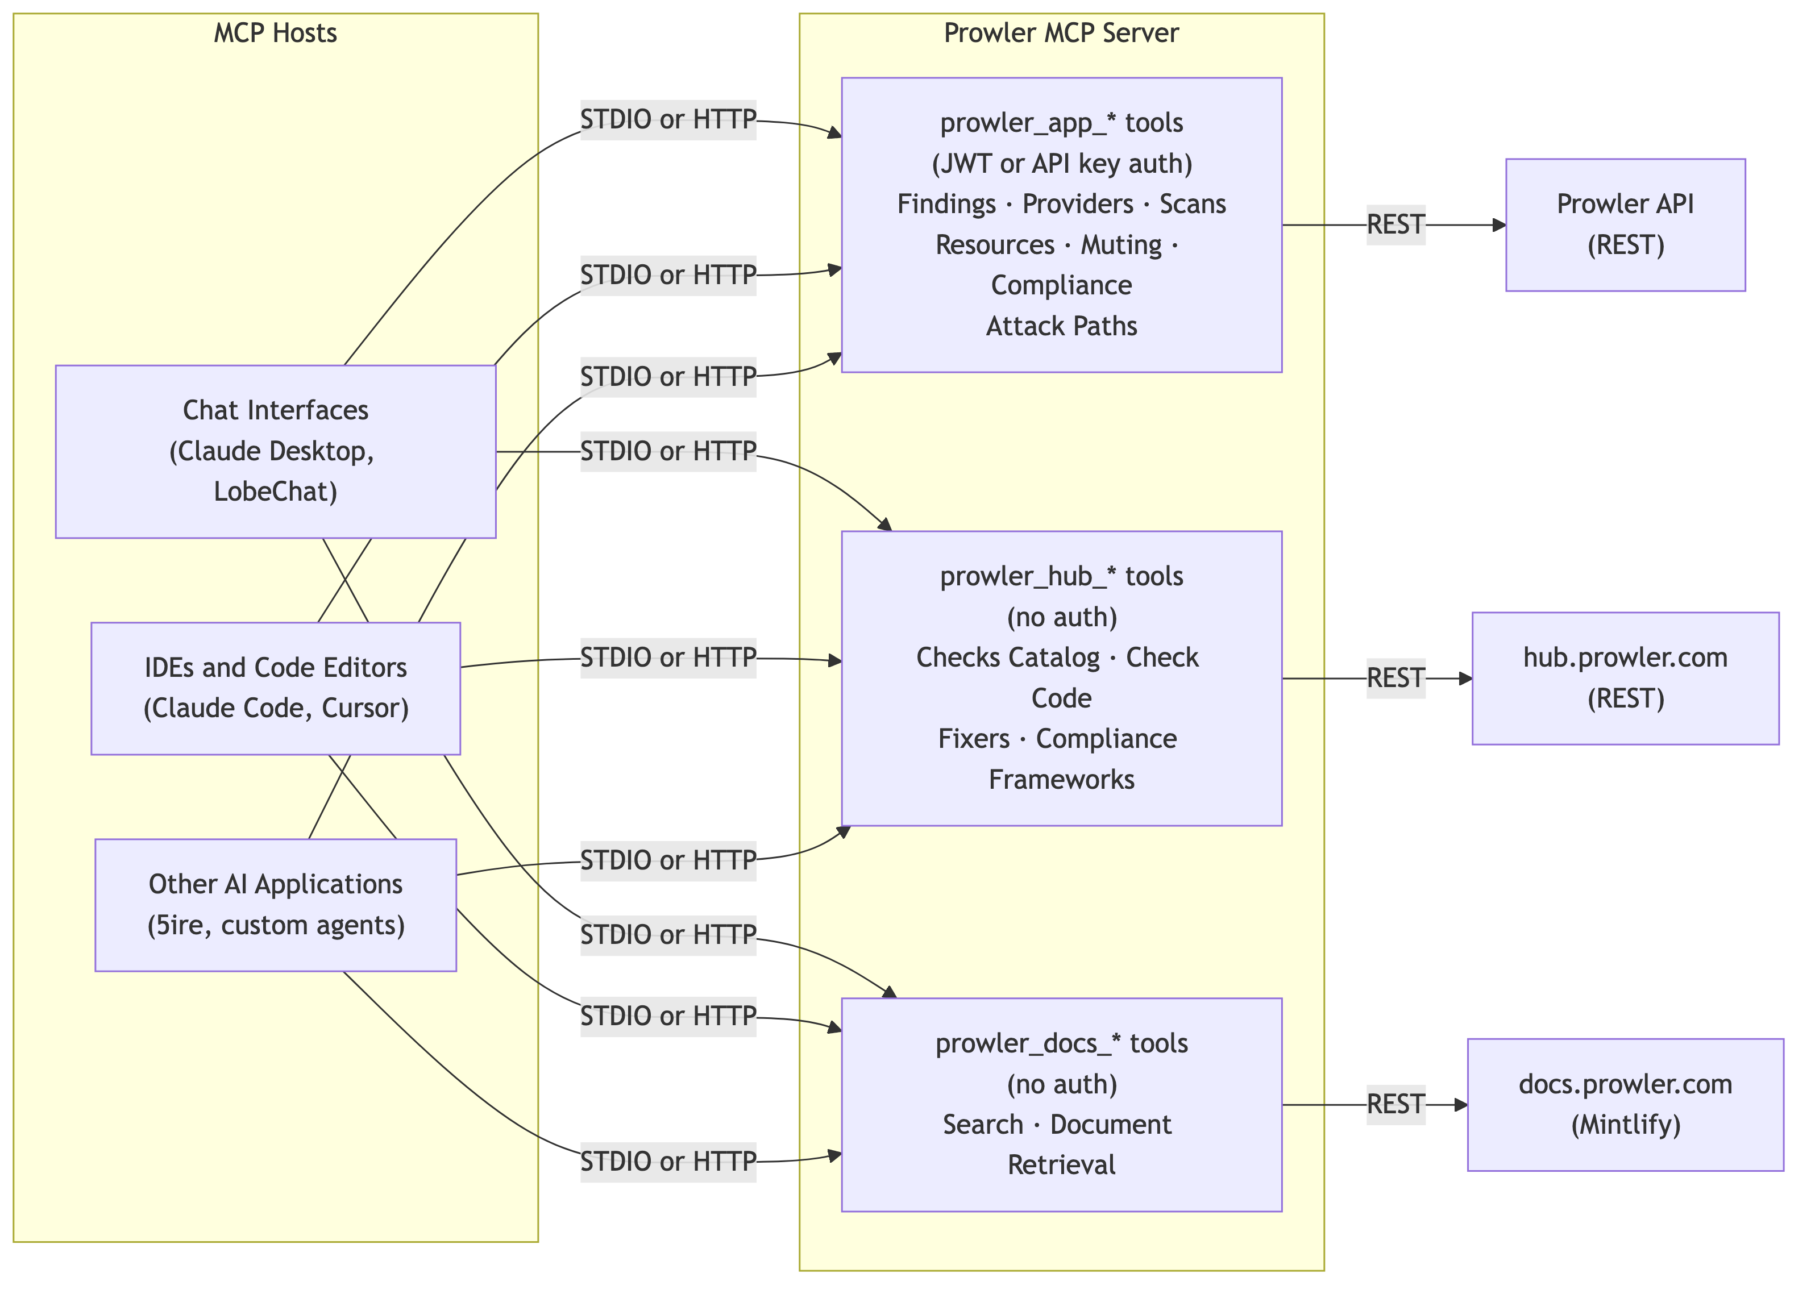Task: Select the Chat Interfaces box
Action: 275,451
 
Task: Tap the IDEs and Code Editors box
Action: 275,688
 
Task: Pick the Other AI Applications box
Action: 275,904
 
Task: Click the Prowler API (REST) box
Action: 1625,224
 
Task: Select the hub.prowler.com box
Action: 1625,678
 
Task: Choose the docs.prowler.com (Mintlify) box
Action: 1625,1104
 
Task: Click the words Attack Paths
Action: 1061,326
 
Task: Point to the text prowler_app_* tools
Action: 1061,123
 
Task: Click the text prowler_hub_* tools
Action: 1061,576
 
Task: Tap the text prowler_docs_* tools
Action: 1061,1043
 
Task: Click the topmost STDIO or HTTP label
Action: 668,119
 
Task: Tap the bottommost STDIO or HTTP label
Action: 668,1162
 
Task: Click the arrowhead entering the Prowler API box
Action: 1499,226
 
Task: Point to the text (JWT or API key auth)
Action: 1061,163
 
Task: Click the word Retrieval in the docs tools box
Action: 1061,1165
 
